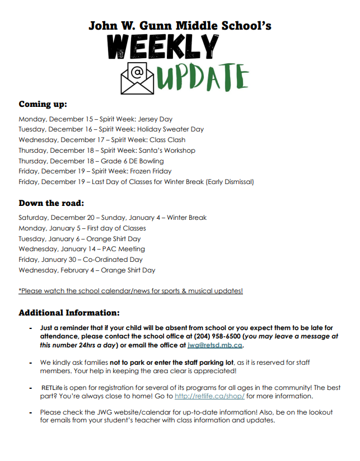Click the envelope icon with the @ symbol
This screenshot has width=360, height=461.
click(137, 78)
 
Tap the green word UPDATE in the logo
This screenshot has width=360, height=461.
click(203, 78)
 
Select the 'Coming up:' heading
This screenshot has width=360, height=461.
click(43, 104)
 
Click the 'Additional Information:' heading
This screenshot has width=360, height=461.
click(69, 313)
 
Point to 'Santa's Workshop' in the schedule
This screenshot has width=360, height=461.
click(170, 150)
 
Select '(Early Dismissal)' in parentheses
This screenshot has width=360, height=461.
click(229, 182)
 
